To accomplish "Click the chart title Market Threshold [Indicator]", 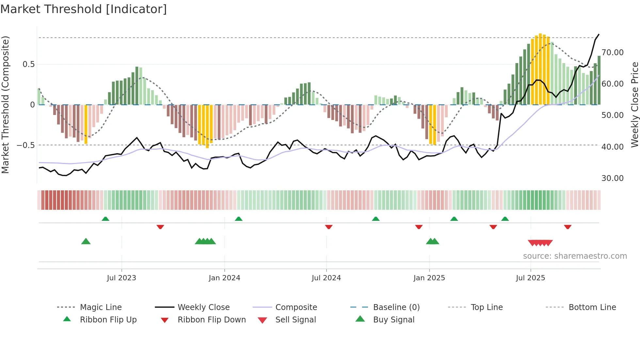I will click(84, 9).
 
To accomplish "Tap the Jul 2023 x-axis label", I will click(121, 278).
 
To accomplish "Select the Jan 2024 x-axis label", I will click(224, 278).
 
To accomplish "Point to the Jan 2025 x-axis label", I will click(429, 278).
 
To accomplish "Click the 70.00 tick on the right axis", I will click(613, 53).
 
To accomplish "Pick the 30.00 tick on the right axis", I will click(613, 178).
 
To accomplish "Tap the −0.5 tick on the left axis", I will click(25, 145).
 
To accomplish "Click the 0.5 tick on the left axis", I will click(28, 64).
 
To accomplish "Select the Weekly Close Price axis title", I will click(634, 105).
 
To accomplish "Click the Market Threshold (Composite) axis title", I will click(5, 105).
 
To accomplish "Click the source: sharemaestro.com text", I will click(575, 256).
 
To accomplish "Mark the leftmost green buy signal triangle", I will click(86, 241).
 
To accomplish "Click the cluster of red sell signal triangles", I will click(540, 243).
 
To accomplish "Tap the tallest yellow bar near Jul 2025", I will click(540, 69).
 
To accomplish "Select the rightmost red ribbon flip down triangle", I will click(568, 227).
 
